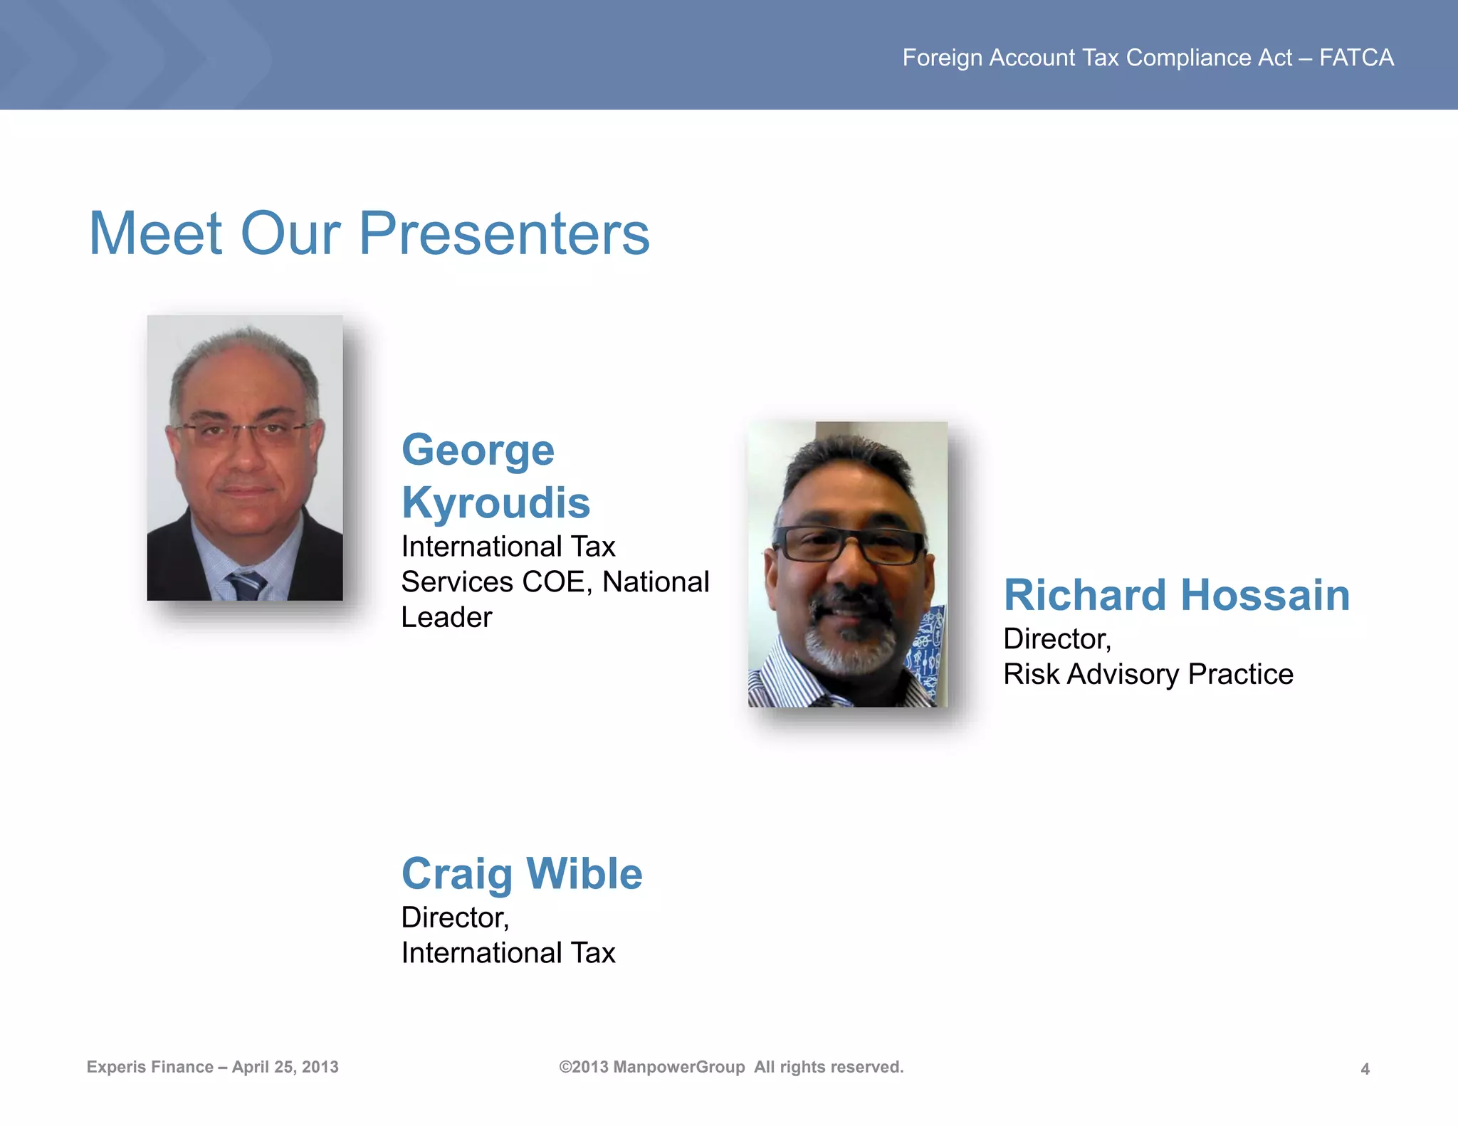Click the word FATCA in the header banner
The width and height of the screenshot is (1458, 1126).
[x=1356, y=58]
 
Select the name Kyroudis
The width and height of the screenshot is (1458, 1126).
[x=495, y=503]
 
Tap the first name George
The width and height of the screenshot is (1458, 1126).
[x=478, y=450]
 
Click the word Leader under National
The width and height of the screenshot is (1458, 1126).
[x=446, y=617]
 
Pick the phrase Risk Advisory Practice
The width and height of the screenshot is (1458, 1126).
[x=1148, y=674]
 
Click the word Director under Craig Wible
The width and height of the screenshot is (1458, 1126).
[x=454, y=917]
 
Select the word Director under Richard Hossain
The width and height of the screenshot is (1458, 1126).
[x=1056, y=639]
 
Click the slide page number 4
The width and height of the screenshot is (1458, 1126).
[x=1365, y=1068]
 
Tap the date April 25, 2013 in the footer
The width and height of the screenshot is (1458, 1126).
[x=285, y=1067]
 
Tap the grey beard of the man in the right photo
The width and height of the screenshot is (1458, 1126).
[x=850, y=651]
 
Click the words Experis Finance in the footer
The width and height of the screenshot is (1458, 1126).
[x=150, y=1067]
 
